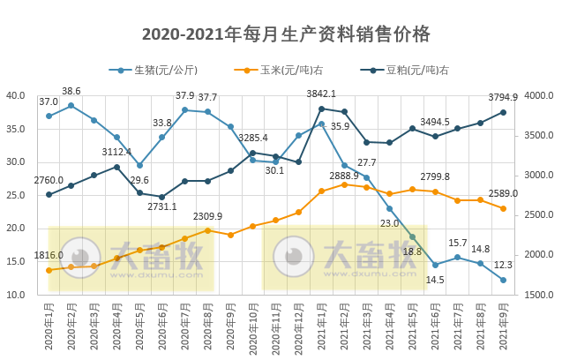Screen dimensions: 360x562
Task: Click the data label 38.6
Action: coord(71,91)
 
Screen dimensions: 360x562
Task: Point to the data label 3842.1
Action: coord(320,94)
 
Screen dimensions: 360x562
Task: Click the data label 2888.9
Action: coord(343,176)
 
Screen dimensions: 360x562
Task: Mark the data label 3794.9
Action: coord(503,98)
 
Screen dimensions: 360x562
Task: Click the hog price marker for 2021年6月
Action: coord(435,265)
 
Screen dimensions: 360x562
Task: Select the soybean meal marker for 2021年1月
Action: coord(321,109)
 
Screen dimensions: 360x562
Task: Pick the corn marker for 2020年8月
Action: coord(207,230)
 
